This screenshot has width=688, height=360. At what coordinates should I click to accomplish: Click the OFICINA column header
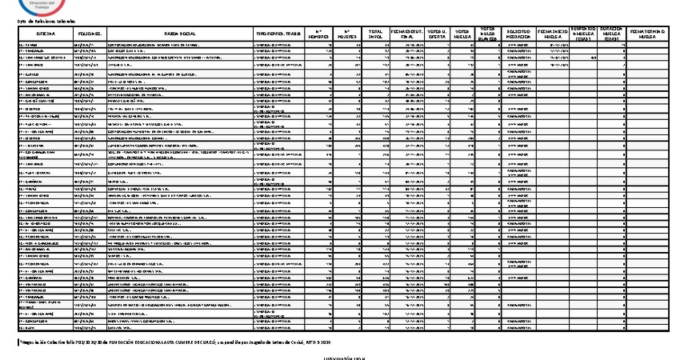pos(45,33)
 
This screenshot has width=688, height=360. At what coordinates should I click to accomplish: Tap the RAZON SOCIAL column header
pos(177,33)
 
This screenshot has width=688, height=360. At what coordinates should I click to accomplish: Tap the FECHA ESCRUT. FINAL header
pos(404,33)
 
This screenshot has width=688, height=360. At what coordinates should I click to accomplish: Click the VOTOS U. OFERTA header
pos(436,33)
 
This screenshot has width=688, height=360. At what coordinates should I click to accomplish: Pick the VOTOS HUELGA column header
pos(462,33)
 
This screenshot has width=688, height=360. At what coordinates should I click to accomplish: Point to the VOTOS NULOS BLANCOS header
pos(489,33)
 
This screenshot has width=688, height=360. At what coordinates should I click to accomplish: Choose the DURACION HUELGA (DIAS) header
pos(614,33)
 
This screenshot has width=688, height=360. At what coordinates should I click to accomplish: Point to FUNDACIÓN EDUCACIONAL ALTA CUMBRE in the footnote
pos(176,341)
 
